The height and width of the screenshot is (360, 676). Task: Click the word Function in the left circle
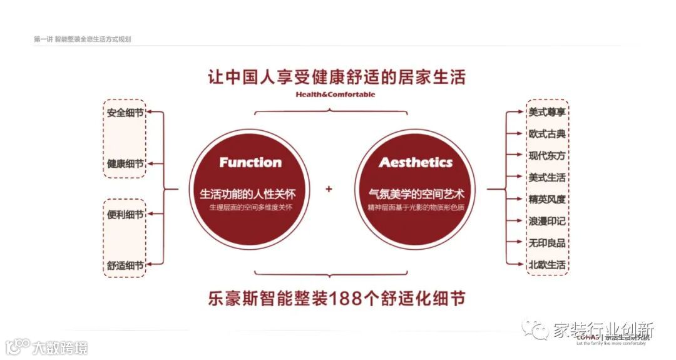250,163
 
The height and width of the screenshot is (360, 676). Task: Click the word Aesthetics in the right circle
416,163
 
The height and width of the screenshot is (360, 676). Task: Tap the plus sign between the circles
329,189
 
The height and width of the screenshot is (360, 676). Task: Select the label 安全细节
125,113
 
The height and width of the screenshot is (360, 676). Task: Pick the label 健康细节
125,163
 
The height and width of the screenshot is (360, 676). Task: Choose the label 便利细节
125,214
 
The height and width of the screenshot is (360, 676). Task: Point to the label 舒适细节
125,265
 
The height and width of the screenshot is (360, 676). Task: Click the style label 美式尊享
547,113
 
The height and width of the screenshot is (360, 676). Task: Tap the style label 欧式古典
547,134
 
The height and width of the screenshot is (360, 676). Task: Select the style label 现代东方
547,156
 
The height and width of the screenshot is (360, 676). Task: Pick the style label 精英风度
547,200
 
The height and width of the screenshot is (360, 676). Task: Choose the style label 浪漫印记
547,221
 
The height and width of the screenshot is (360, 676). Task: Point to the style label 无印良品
547,243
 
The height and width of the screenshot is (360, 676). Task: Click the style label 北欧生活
547,265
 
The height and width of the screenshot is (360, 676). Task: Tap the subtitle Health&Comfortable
336,95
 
